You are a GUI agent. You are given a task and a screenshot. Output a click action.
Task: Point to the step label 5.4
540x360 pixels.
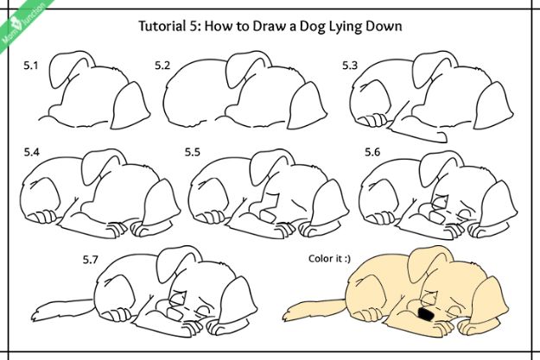[32, 153]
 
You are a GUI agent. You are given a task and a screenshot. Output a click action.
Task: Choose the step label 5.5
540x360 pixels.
[192, 153]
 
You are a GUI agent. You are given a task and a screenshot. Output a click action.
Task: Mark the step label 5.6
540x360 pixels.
[372, 153]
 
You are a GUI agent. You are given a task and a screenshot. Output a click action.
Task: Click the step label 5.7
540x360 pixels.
[91, 258]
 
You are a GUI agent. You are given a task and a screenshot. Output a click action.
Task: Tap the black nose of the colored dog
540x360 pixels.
[424, 315]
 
